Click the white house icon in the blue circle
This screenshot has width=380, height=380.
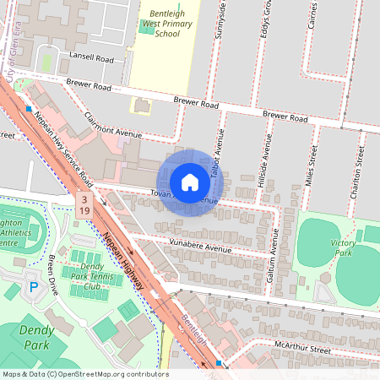189,182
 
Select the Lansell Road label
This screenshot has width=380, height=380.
93,59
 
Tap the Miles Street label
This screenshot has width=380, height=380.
312,164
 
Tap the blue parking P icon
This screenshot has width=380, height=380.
34,287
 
